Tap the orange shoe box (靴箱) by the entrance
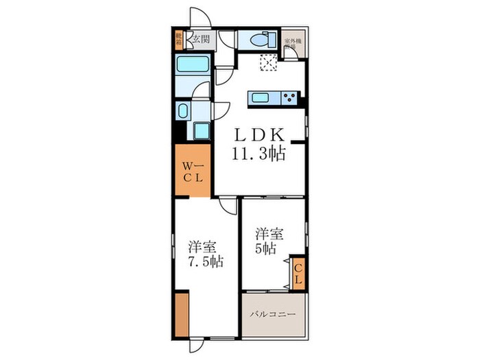click(179, 39)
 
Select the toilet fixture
click(261, 39)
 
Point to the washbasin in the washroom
click(183, 111)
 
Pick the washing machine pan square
click(202, 130)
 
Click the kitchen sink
click(261, 97)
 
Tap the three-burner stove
click(288, 97)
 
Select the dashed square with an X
click(267, 63)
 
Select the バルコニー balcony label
click(272, 314)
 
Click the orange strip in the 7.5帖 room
click(181, 315)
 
